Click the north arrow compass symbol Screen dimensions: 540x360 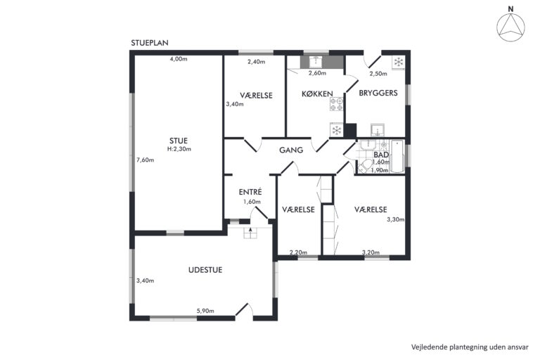coord(510,27)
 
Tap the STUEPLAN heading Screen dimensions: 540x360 coord(150,43)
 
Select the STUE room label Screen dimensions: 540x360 coord(179,141)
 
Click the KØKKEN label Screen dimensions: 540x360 coord(317,94)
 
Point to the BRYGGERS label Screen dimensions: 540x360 coord(378,93)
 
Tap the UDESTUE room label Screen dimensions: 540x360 coord(205,270)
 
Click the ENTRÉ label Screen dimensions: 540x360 coord(250,192)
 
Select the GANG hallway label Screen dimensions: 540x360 coord(291,150)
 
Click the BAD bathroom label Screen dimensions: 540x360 coord(381,155)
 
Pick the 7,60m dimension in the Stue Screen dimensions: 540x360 coord(146,160)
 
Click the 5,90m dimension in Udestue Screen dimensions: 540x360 coord(205,311)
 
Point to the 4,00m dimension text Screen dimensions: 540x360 coord(179,59)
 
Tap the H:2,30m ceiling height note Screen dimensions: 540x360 coord(179,149)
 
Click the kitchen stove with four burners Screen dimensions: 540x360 coord(337,104)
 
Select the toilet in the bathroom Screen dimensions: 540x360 coord(364,167)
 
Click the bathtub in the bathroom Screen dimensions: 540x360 coord(397,156)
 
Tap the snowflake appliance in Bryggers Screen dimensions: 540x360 coord(399,63)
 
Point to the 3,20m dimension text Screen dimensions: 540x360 coord(371,252)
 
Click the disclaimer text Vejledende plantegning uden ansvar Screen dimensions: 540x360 coord(470,347)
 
